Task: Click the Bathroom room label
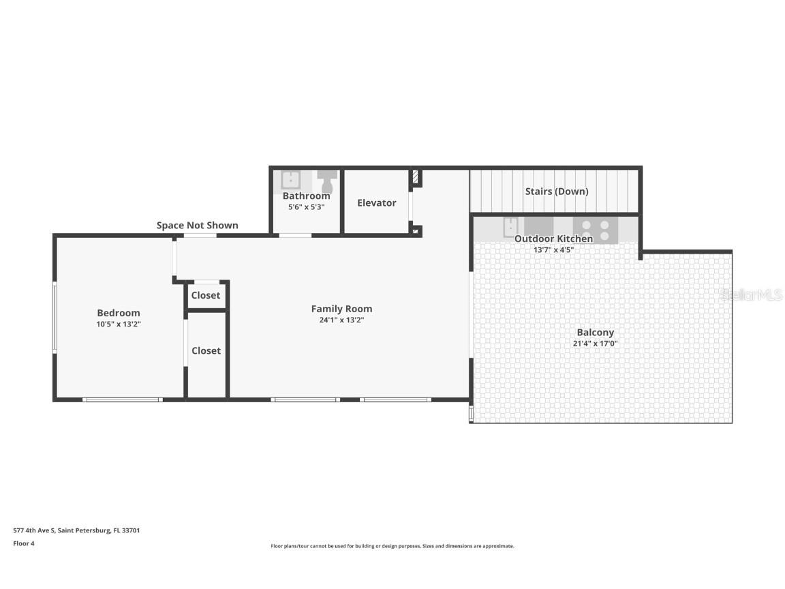(x=306, y=196)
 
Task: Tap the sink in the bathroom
(x=291, y=180)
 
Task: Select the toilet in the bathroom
(x=327, y=181)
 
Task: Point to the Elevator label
(x=376, y=202)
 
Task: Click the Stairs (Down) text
(x=556, y=192)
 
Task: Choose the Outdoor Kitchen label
(x=553, y=239)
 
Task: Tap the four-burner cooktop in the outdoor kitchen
(x=595, y=230)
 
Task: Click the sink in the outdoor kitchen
(x=510, y=227)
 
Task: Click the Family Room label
(x=341, y=309)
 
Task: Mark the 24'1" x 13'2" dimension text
(x=341, y=320)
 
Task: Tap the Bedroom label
(x=119, y=313)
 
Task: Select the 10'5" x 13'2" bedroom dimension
(x=119, y=324)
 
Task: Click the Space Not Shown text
(x=198, y=226)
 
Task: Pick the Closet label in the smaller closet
(x=206, y=295)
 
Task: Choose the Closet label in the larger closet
(x=206, y=350)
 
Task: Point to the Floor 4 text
(x=24, y=543)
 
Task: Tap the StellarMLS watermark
(x=750, y=294)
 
